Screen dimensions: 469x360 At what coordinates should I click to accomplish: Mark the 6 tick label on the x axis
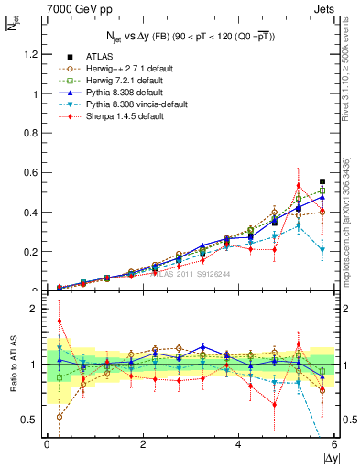tap(334, 444)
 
